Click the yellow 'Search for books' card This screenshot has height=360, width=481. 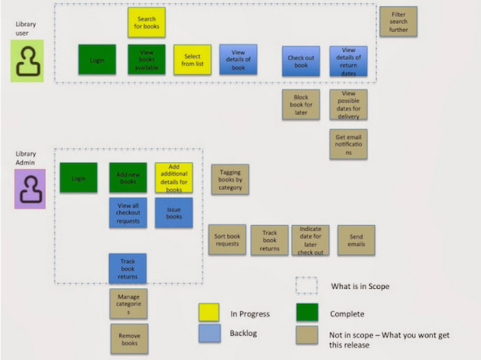click(x=147, y=23)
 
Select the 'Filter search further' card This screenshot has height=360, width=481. click(x=398, y=22)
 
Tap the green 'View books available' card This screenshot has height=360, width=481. click(x=147, y=59)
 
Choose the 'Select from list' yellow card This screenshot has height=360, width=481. click(x=192, y=59)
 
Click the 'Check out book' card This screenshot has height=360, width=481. click(x=300, y=61)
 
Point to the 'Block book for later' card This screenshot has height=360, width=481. click(x=300, y=104)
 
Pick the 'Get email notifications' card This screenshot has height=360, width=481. click(x=349, y=144)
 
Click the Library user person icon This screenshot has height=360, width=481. click(x=27, y=61)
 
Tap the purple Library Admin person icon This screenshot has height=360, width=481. click(x=30, y=188)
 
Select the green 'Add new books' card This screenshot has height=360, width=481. click(x=128, y=178)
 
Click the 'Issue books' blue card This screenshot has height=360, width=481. click(x=174, y=212)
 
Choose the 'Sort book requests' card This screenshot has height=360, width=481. click(x=227, y=239)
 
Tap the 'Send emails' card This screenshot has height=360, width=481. click(x=356, y=239)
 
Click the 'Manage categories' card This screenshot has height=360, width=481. click(x=128, y=304)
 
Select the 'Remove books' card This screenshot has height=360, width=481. click(x=129, y=339)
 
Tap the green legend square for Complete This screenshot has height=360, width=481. click(x=306, y=313)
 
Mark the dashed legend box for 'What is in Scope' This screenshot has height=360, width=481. click(x=306, y=286)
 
